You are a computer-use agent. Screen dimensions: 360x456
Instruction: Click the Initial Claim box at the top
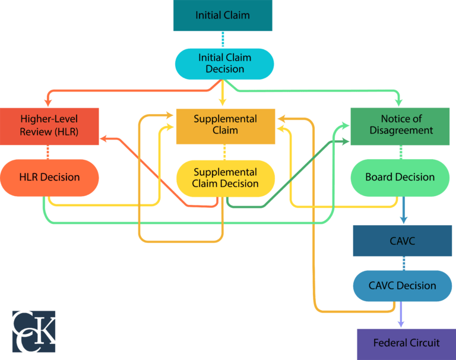[x=223, y=15]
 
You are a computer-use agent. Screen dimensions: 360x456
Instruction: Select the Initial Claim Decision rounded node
[x=224, y=64]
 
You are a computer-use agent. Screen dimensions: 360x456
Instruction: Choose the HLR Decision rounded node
[x=49, y=177]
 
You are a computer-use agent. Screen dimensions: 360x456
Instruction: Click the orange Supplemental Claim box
[x=225, y=125]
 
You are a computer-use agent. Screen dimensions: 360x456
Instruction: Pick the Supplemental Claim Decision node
[x=225, y=178]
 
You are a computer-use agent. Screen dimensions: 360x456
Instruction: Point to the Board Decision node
[x=400, y=177]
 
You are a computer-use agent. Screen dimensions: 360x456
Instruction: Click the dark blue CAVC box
[x=402, y=241]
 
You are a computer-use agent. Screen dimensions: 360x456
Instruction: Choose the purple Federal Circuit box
[x=406, y=343]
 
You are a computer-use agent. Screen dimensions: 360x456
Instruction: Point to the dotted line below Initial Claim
[x=223, y=39]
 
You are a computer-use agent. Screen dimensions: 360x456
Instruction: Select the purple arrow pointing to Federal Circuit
[x=401, y=315]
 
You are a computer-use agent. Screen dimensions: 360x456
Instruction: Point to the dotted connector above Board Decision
[x=401, y=152]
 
